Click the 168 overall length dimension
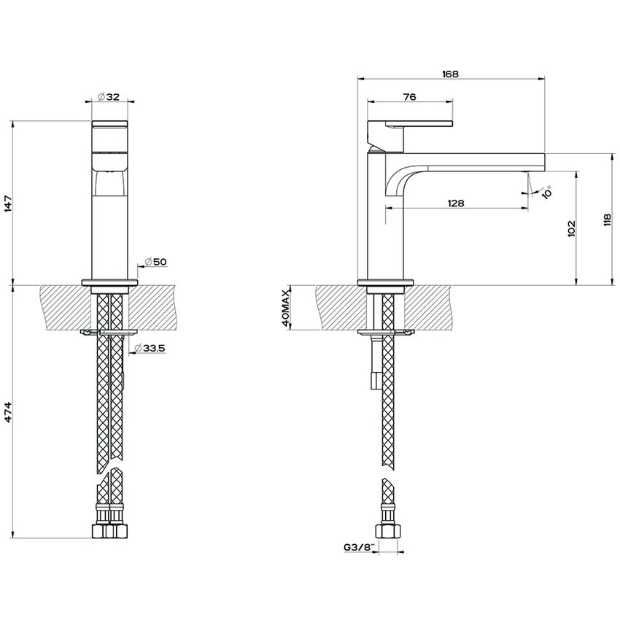pos(451,73)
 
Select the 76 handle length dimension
pos(409,97)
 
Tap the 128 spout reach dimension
pos(456,204)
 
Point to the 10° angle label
pos(546,192)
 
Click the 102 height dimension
pos(570,228)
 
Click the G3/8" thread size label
pos(359,546)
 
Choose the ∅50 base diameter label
pos(155,261)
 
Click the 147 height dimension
pos(9,203)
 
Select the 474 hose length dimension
pos(9,412)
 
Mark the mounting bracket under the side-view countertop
pos(385,333)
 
